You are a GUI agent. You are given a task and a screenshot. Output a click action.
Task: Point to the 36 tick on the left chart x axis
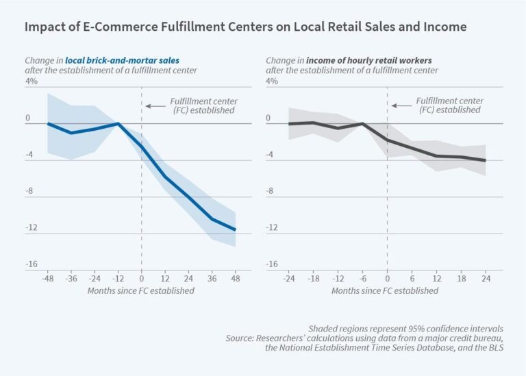click(212, 279)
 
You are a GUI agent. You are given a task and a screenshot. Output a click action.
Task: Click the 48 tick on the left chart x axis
click(235, 279)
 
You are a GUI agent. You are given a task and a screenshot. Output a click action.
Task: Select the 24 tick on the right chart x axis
click(485, 279)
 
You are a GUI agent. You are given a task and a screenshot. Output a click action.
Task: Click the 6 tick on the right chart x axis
click(412, 279)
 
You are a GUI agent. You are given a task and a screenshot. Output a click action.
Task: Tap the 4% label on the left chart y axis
click(32, 82)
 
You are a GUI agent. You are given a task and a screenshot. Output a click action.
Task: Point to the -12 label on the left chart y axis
click(32, 227)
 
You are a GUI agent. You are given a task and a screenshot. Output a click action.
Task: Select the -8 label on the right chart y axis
click(271, 191)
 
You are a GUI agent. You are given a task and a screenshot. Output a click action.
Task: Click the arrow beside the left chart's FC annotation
click(155, 105)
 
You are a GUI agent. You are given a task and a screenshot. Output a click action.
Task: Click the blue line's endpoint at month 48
click(235, 229)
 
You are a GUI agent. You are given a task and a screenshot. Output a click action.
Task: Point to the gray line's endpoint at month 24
click(485, 160)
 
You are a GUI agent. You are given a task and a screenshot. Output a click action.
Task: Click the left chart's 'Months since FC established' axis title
click(140, 290)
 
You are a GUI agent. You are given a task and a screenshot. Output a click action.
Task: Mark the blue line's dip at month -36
click(71, 133)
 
